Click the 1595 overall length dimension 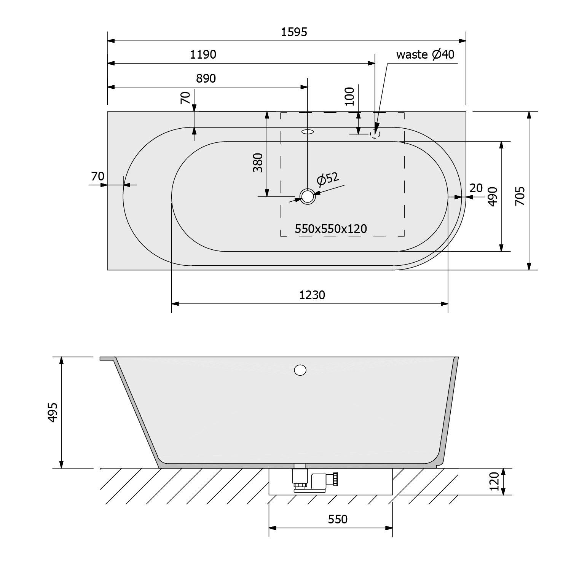pos(294,32)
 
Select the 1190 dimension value pos(203,54)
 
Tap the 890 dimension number pos(206,78)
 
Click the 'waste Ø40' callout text pos(425,54)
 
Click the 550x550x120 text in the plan pos(331,229)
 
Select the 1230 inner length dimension pos(312,295)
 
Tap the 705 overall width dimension pos(520,196)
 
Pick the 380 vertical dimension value pos(258,163)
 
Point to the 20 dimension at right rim pos(476,188)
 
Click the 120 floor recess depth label pos(494,481)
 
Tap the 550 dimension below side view pos(338,519)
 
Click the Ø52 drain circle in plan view pos(308,196)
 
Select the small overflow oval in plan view pos(308,132)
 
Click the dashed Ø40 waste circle pos(375,133)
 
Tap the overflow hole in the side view pos(300,370)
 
